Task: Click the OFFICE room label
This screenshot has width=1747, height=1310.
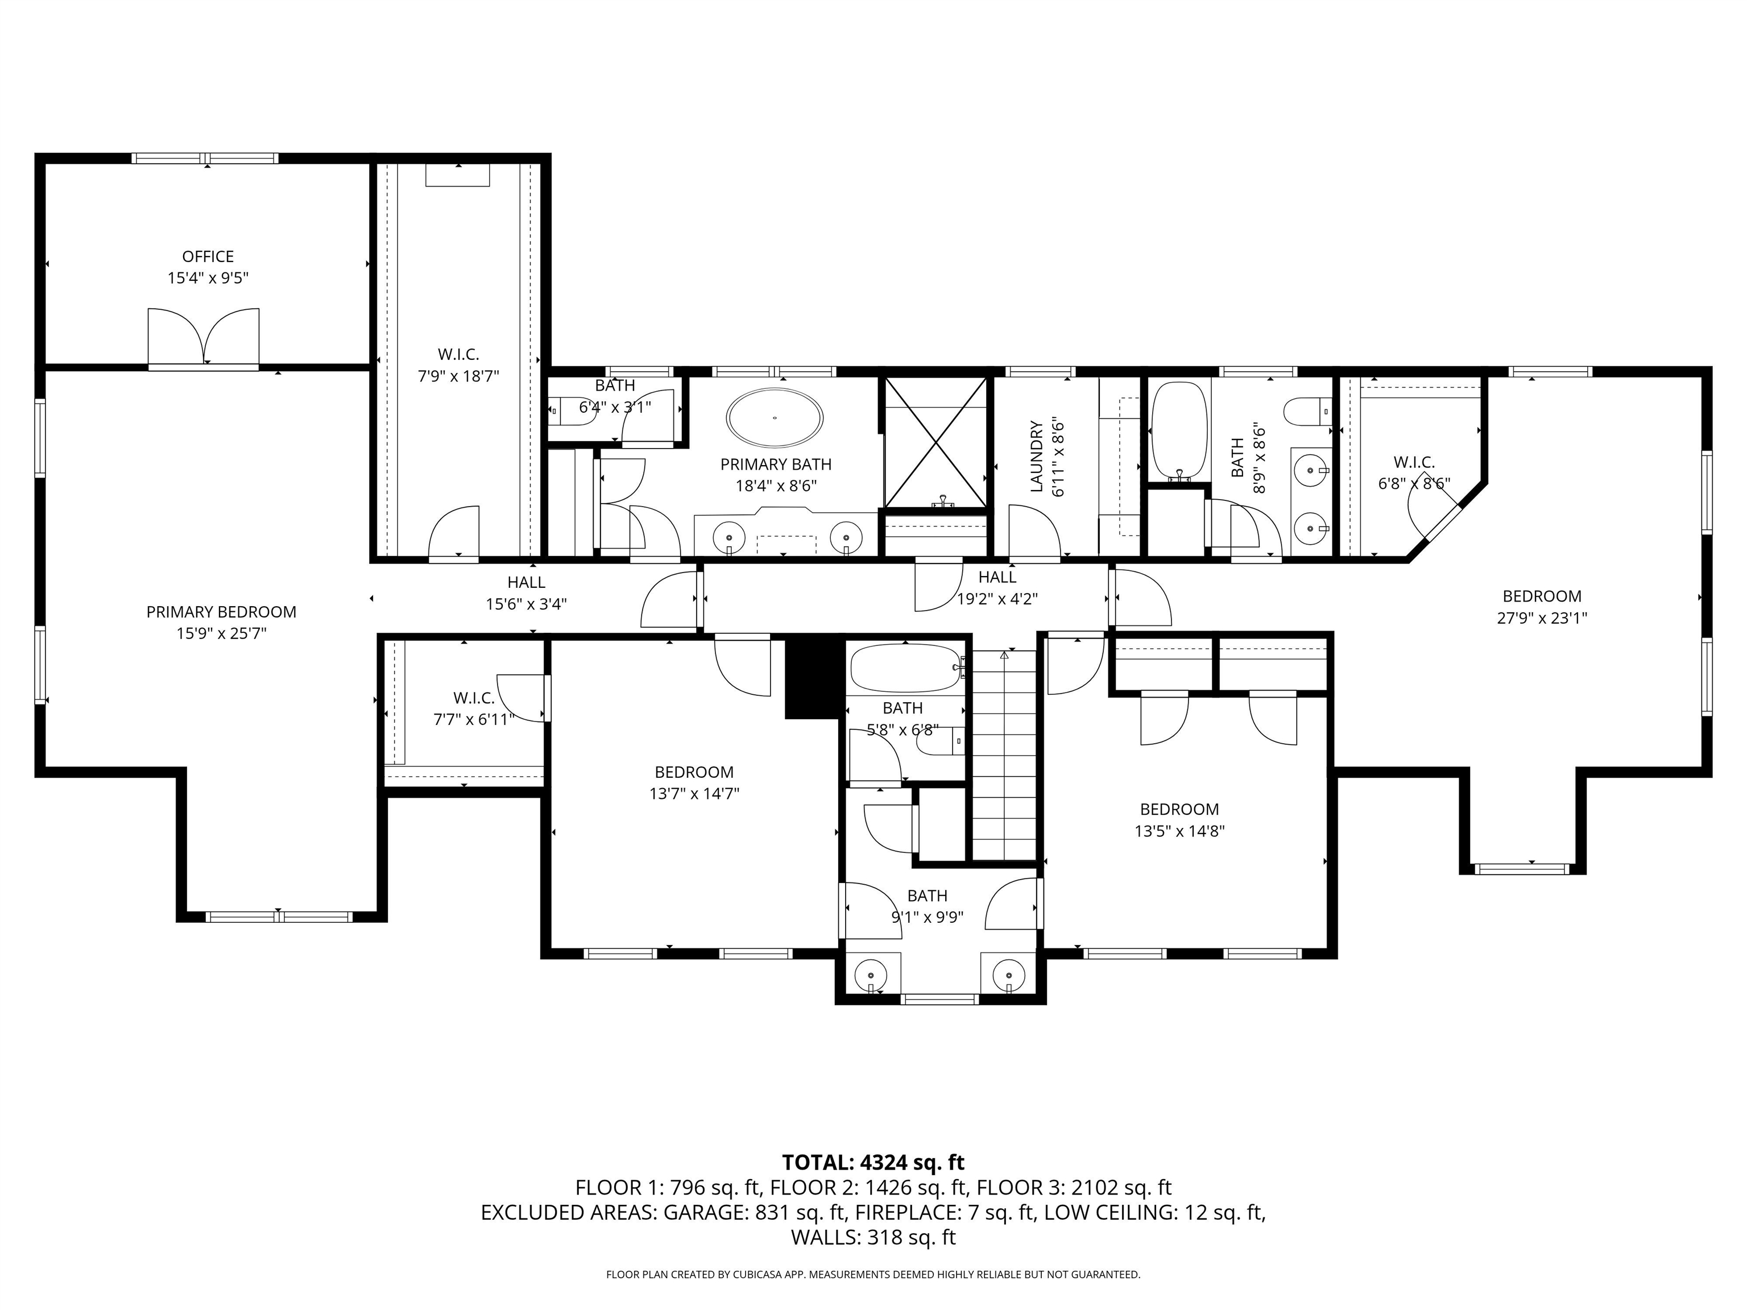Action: [x=208, y=256]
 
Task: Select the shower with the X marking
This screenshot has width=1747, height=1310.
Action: [x=935, y=442]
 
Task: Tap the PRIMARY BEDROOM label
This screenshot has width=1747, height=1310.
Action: [x=221, y=612]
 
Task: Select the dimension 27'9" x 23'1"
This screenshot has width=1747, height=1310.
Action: [x=1542, y=618]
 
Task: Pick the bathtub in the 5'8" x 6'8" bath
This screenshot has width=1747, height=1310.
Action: [x=906, y=668]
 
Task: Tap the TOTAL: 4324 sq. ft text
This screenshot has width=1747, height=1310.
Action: [x=873, y=1162]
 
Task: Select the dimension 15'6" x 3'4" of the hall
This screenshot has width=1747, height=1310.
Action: [x=526, y=604]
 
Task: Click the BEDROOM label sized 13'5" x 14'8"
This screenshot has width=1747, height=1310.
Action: [x=1179, y=810]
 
